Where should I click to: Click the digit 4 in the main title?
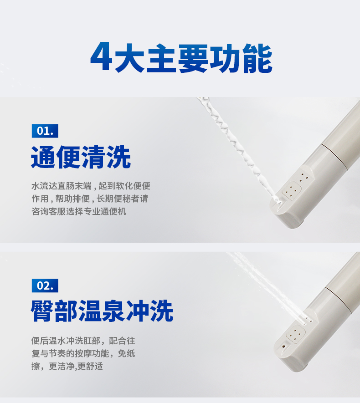101,58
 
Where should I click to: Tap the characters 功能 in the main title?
241,58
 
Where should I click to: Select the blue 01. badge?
45,131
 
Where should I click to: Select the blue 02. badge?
45,286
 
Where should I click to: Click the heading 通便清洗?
81,158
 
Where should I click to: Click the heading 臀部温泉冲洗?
102,311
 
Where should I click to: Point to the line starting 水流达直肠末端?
91,186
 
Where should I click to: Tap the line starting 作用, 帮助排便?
89,199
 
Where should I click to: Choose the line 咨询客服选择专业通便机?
78,212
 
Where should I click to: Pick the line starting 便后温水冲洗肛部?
83,341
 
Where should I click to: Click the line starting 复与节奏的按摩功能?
83,353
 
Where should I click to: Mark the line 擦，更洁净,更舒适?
67,366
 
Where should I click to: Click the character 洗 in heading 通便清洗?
118,158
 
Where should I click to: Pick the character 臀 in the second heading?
43,311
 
